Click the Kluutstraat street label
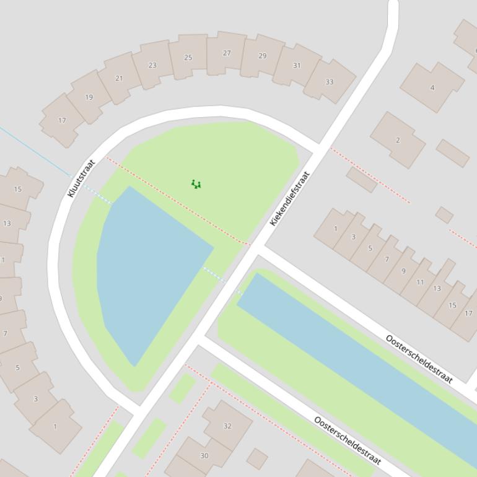pos(81,178)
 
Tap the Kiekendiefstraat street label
pos(289,198)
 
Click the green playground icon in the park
pos(196,184)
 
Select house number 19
pos(89,97)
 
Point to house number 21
pos(119,79)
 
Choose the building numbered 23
pos(152,65)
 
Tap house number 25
pos(188,58)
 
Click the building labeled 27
pos(227,53)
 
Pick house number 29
pos(262,56)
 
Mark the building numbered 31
pos(297,66)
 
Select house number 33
pos(330,82)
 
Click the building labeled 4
pos(432,87)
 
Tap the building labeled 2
pos(398,140)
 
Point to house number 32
pos(227,426)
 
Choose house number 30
pos(204,455)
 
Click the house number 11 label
pos(420,282)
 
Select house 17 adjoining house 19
pos(62,120)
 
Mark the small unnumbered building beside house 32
pos(257,459)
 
